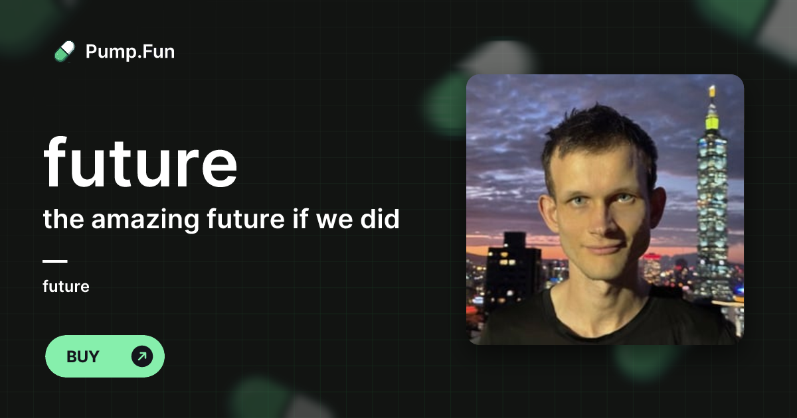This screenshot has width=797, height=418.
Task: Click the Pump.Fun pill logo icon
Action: coord(64,51)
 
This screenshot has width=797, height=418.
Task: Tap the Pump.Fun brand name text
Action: coord(130,51)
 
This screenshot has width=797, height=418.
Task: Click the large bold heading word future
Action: coord(140,163)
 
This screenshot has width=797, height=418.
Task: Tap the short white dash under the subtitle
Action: coord(55,261)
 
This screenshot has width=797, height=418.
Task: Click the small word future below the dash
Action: coord(66,287)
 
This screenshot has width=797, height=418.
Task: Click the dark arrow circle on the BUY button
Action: coord(142,356)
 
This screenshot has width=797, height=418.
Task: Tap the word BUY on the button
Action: coord(83,356)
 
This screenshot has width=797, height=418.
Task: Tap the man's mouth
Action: coord(603,249)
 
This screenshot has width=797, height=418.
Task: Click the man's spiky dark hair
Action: coord(598,133)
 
